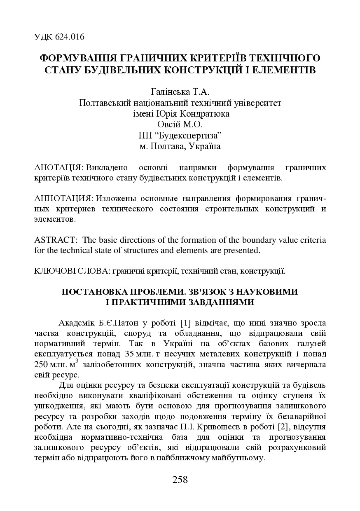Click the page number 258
[180, 480]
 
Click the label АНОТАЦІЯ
[58, 168]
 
